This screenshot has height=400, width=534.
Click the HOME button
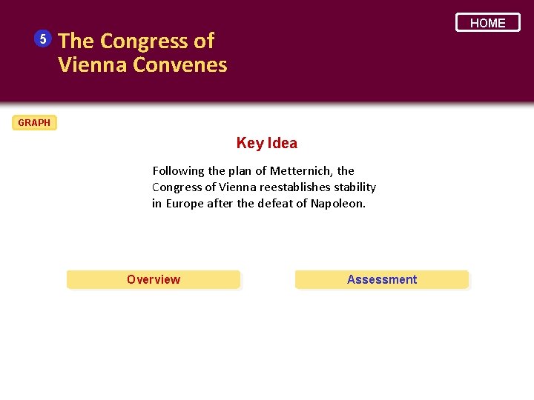click(x=487, y=23)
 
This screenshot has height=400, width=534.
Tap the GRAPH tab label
click(x=34, y=122)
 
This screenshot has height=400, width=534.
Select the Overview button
click(x=154, y=279)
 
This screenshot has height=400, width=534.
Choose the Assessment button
click(x=382, y=279)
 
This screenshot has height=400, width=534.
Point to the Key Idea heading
click(x=266, y=143)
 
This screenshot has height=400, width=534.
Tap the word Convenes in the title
click(x=180, y=64)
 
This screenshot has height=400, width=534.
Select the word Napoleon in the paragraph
click(x=337, y=203)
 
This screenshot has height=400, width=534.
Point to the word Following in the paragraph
click(x=178, y=170)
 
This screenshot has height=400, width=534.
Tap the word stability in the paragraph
click(x=355, y=187)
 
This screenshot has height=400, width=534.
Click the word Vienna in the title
click(x=93, y=64)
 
